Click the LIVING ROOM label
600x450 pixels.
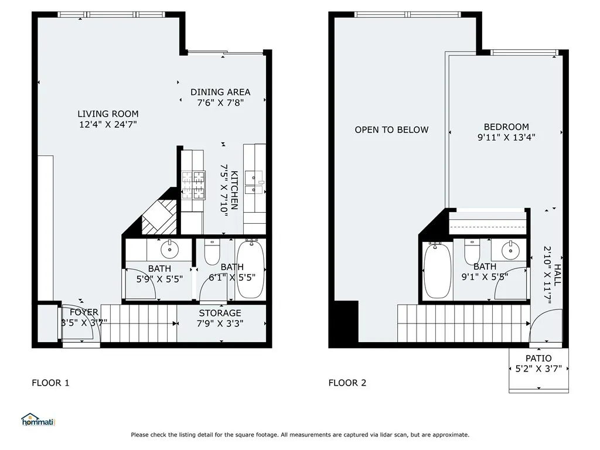(108, 114)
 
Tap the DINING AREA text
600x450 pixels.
(220, 92)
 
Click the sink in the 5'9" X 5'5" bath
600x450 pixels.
(169, 249)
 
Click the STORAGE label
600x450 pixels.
(220, 313)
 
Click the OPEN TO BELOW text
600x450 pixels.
(391, 129)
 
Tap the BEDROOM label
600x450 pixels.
(506, 127)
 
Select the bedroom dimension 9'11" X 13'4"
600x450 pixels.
(506, 138)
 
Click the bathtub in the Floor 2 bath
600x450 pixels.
(437, 271)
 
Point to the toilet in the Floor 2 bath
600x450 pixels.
(472, 253)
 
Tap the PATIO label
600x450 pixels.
(538, 358)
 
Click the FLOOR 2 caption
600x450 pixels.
(347, 383)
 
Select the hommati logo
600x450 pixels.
(37, 419)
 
